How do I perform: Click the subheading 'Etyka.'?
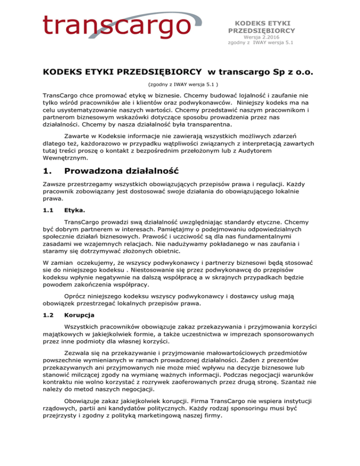[75, 225]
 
